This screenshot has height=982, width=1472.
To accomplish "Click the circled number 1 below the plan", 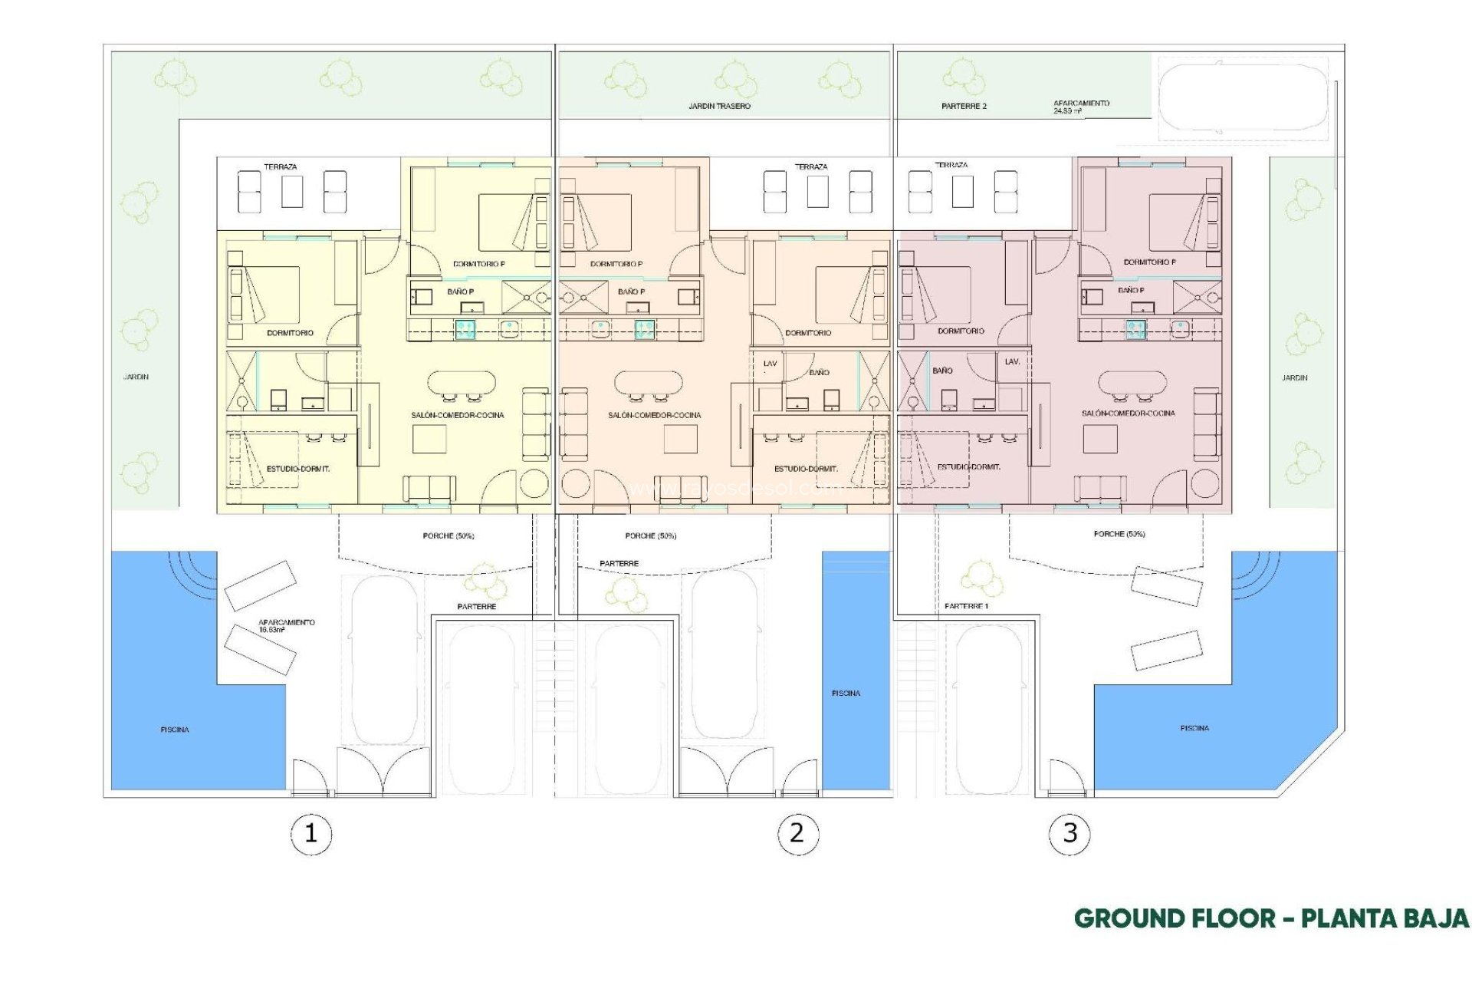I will (310, 833).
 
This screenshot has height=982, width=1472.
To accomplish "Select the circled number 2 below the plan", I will (797, 833).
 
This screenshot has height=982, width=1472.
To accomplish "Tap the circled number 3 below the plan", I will (1069, 833).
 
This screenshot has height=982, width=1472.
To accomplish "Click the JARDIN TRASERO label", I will (719, 106).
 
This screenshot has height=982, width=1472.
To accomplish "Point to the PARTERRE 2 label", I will (964, 106).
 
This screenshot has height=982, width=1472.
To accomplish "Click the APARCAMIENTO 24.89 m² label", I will (1081, 107).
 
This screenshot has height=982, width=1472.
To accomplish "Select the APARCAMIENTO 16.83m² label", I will (286, 625).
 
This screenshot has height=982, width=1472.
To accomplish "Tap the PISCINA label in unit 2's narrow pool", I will (846, 693).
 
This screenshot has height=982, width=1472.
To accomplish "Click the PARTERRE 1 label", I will (966, 606).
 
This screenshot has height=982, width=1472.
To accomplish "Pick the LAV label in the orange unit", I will (770, 364).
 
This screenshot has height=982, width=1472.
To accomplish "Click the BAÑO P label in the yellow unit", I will (460, 292).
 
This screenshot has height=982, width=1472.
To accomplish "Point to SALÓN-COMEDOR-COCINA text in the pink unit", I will (1128, 413).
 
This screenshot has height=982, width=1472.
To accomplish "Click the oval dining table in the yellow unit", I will (462, 381).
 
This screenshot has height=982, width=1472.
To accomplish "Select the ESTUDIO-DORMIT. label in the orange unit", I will (805, 468).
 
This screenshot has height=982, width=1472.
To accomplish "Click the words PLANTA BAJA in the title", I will (1385, 918).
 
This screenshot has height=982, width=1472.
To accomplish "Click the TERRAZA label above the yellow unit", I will (281, 166).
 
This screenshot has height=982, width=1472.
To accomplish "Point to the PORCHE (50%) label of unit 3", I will (1119, 533).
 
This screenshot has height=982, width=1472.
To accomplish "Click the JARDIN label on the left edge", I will (136, 377).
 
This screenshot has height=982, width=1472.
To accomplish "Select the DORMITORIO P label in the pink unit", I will (1149, 262).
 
